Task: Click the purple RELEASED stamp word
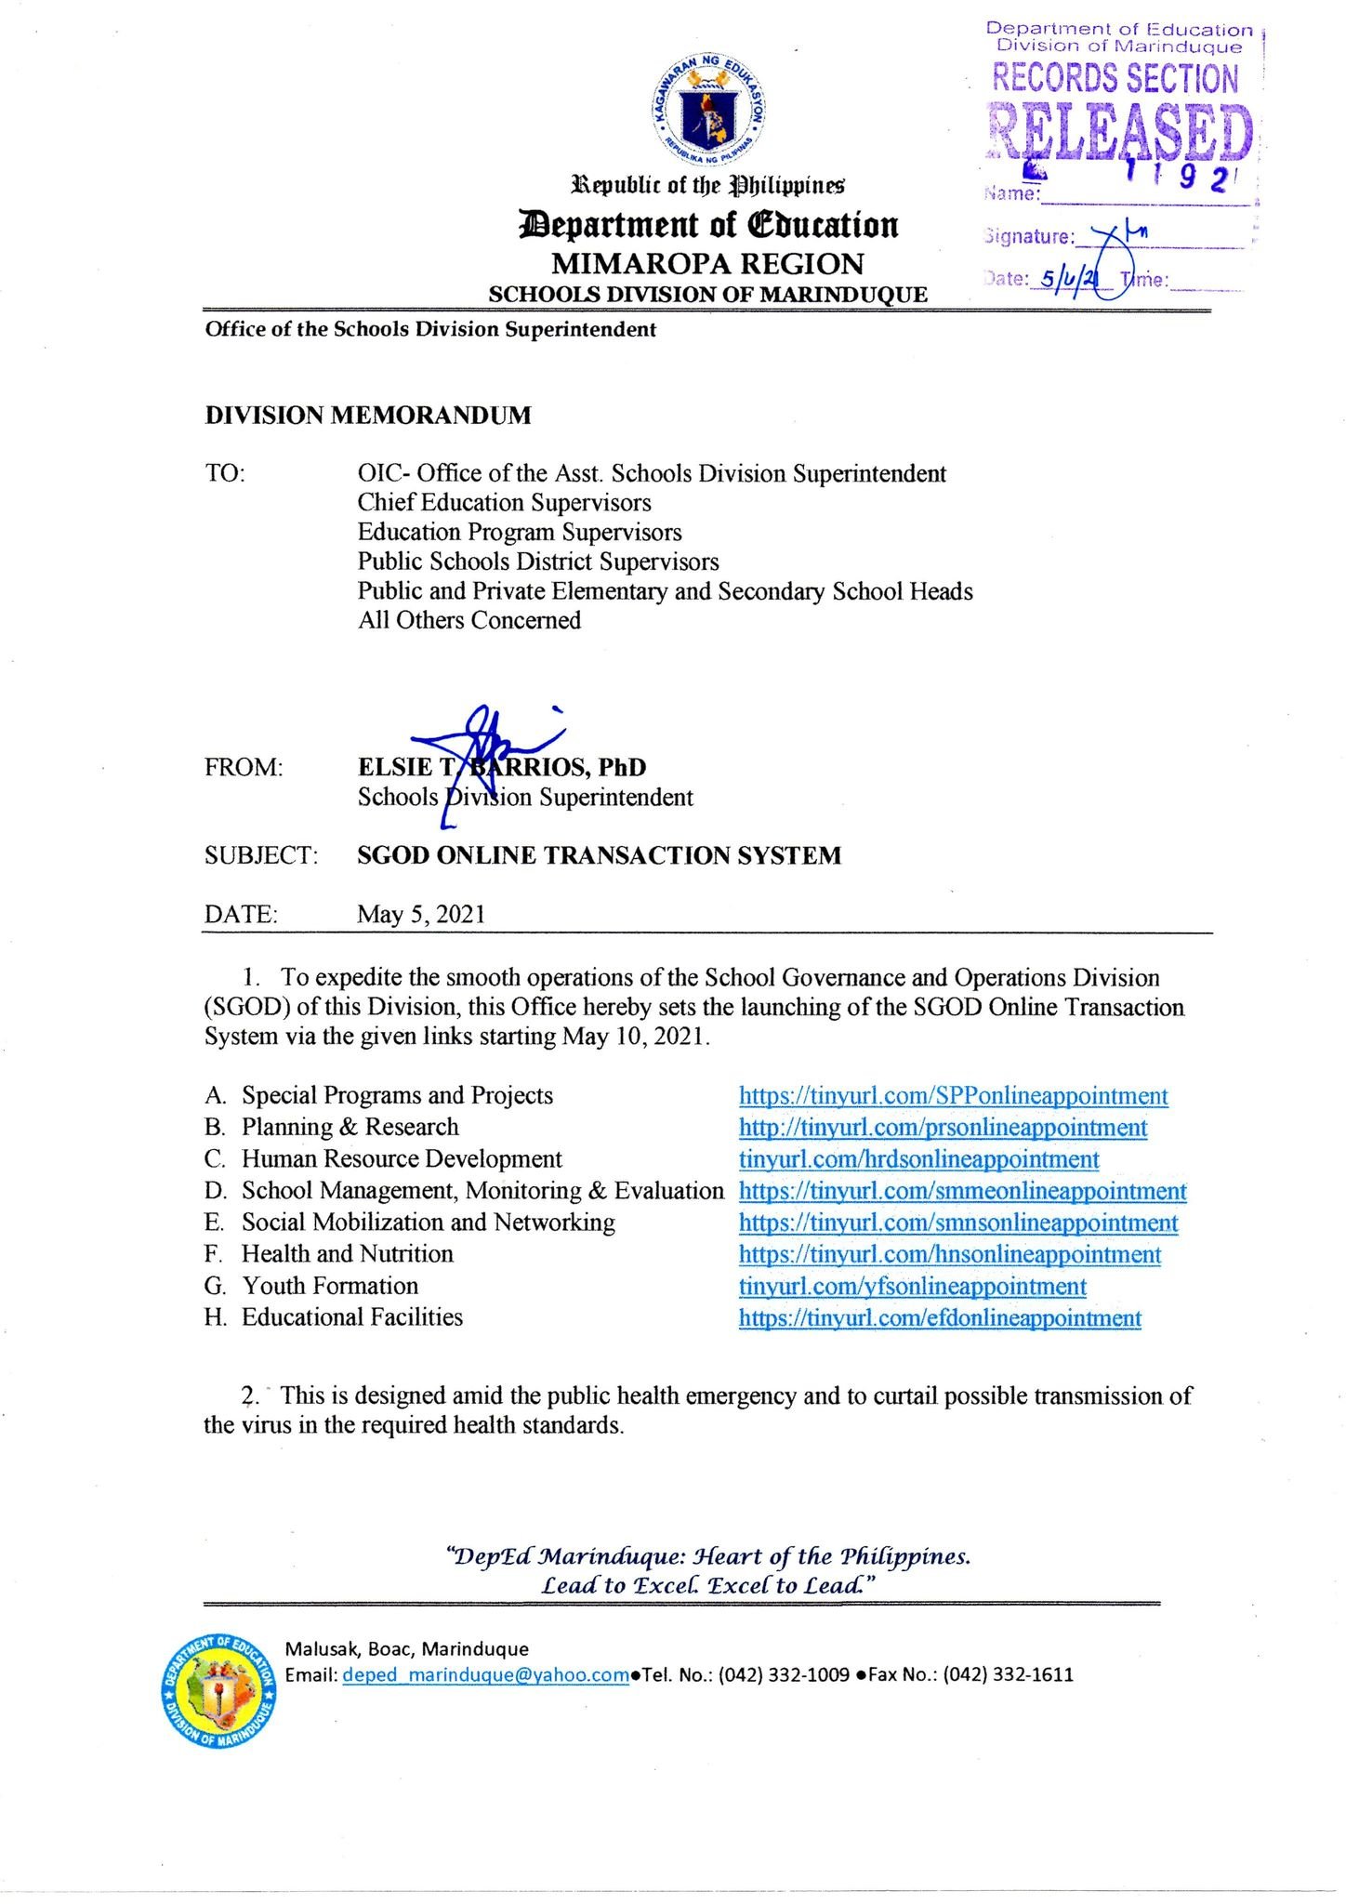1120,132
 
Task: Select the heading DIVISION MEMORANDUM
368,416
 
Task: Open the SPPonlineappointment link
953,1096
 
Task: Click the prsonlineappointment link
943,1128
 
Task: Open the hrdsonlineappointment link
918,1159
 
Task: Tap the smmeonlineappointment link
962,1191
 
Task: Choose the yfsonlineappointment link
912,1286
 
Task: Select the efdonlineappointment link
940,1317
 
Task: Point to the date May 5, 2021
421,915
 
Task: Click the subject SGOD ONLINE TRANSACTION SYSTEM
600,855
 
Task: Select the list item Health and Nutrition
348,1254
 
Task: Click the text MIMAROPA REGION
707,264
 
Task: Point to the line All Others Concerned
469,620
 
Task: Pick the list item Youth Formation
330,1286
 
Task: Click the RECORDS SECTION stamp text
1115,78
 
